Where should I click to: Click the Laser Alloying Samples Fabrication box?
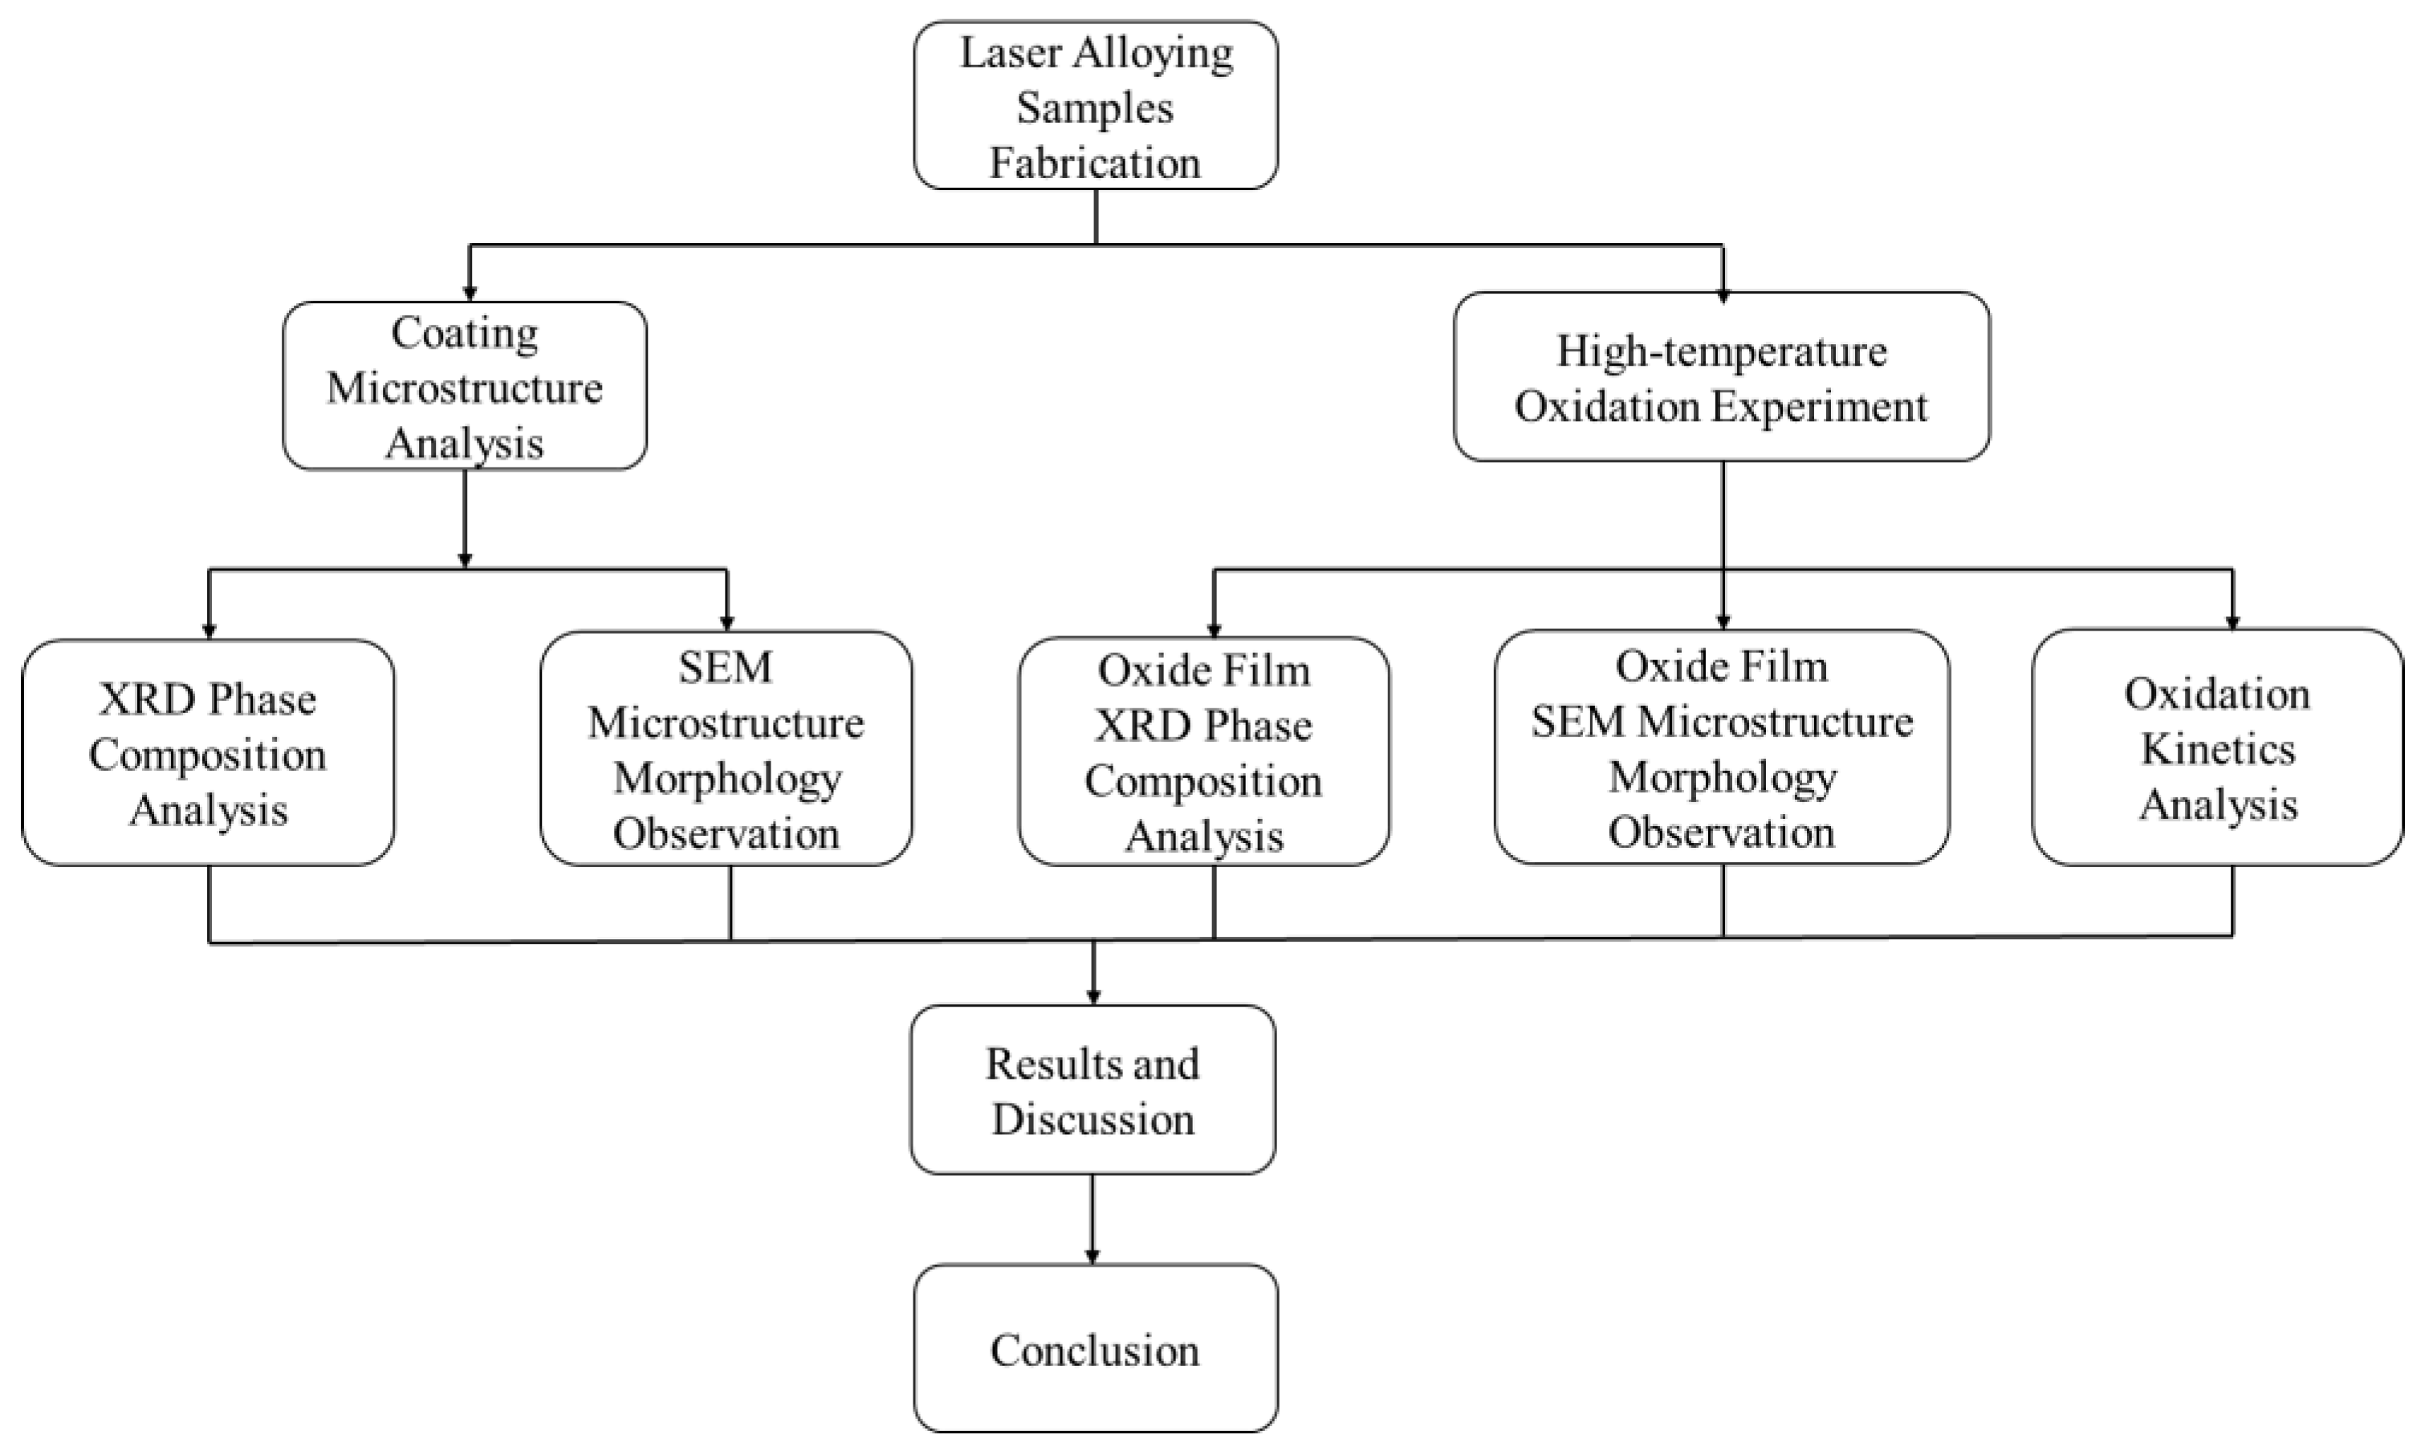[1096, 105]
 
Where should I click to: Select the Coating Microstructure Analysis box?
[464, 386]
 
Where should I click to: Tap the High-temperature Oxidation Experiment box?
[1721, 376]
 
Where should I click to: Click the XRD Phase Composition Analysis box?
[208, 752]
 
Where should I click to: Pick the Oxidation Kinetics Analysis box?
[2216, 748]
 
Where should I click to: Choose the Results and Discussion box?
[1092, 1090]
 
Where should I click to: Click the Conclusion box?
[1096, 1349]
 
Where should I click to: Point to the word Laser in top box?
[1009, 53]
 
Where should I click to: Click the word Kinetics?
[2216, 750]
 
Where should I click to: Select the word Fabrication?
[1096, 163]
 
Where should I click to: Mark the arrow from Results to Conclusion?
[1092, 1219]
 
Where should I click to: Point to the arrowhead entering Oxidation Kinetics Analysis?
[2232, 621]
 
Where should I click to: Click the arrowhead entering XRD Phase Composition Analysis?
[209, 630]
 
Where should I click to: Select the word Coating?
[464, 334]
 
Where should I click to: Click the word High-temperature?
[1721, 352]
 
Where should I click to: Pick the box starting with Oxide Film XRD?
[1204, 752]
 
